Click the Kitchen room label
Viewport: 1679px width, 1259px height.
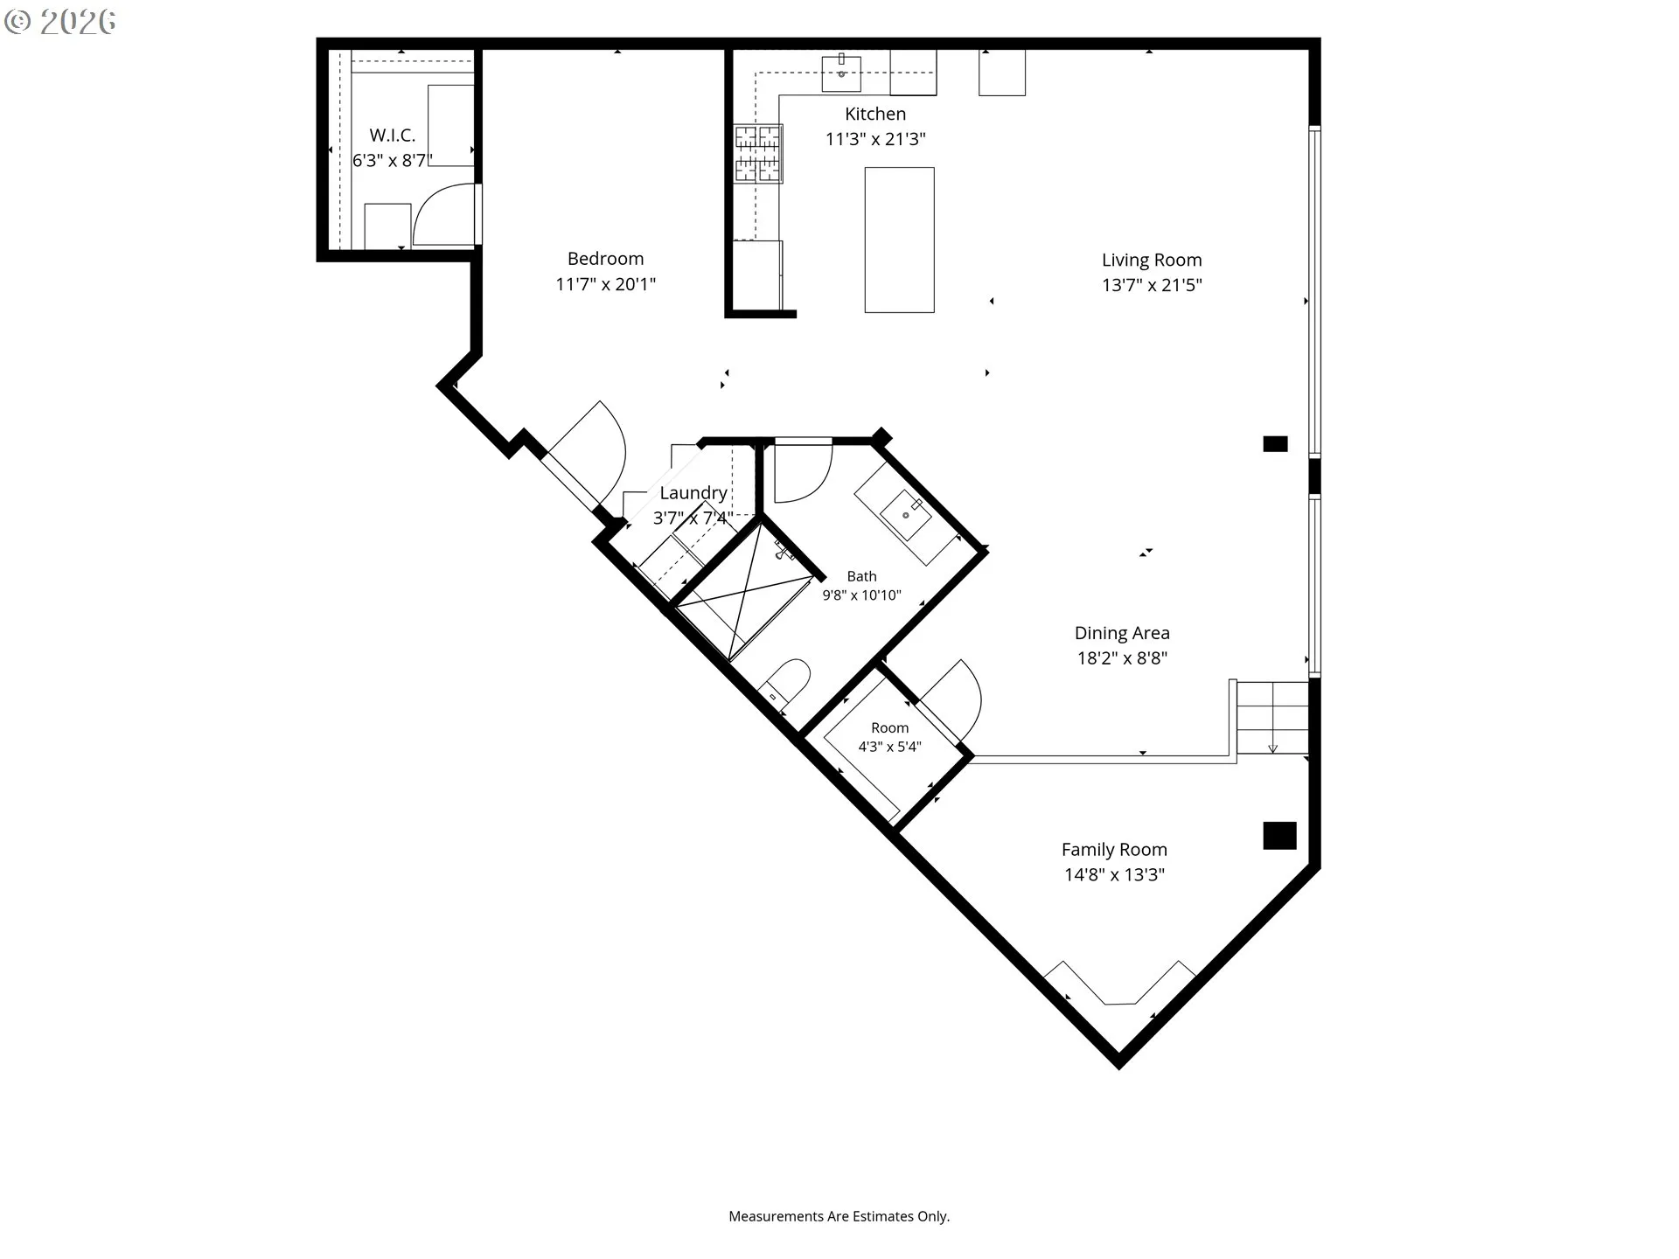coord(875,114)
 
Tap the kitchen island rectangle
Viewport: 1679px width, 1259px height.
coord(899,240)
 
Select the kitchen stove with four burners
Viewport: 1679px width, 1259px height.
coord(757,154)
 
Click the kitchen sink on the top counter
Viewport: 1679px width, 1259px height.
coord(841,73)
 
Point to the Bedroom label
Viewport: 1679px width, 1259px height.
coord(605,259)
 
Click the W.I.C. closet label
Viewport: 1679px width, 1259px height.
coord(392,136)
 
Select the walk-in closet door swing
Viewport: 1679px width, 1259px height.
coord(446,214)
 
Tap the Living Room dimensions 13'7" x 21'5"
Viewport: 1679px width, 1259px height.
coord(1152,285)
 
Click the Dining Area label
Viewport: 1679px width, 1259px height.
coord(1122,633)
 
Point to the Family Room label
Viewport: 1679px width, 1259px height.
coord(1114,850)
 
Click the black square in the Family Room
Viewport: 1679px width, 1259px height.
coord(1279,836)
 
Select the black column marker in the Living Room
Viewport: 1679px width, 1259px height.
coord(1275,444)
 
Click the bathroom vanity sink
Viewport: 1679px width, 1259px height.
coord(906,515)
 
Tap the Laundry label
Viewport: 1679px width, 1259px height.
coord(693,493)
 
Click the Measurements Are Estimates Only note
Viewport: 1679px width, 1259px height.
coord(839,1216)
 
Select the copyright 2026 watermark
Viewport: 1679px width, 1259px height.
coord(59,22)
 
